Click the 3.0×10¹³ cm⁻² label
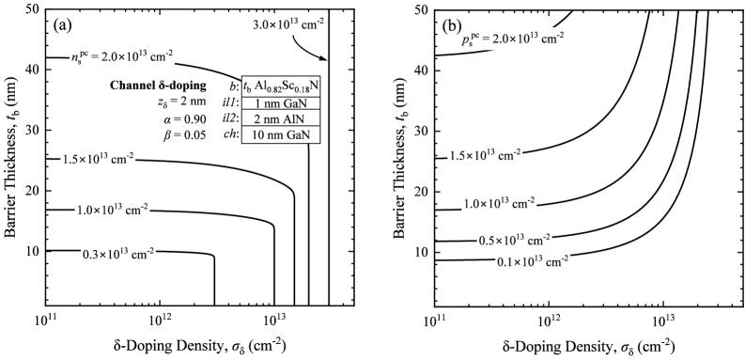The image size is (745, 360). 288,24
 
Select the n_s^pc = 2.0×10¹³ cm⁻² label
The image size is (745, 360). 122,56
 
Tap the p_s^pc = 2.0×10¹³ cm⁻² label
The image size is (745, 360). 512,39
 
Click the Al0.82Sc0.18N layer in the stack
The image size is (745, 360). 281,87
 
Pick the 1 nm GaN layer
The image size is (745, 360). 281,103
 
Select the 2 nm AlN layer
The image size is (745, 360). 281,119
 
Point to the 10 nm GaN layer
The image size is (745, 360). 281,135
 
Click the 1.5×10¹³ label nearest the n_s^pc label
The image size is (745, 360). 98,160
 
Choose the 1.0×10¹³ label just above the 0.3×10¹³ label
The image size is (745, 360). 112,210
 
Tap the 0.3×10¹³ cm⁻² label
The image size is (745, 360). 117,254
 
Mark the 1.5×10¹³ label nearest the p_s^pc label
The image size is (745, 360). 484,155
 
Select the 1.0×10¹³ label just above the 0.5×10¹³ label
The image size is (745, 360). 499,203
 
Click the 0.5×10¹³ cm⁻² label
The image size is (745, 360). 514,240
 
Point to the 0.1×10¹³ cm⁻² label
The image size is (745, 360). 532,261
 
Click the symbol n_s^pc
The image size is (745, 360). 78,57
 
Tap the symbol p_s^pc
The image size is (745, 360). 470,40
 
